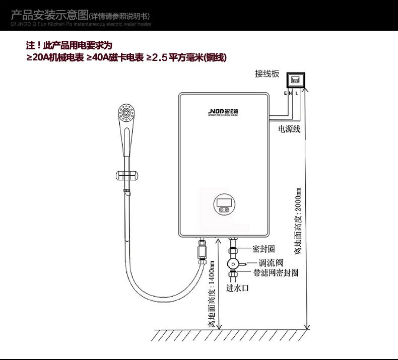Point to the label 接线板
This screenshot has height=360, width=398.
pos(267,74)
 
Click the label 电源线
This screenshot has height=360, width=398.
pos(289,129)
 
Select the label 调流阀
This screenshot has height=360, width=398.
pos(271,262)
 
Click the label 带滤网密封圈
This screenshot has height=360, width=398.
pos(276,273)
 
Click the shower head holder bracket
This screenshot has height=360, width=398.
pos(127,176)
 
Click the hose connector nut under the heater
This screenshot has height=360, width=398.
pos(203,250)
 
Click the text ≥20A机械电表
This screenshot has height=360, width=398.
pos(55,58)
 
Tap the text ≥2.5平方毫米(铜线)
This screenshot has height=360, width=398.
pos(186,58)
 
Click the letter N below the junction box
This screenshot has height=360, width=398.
pos(291,94)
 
